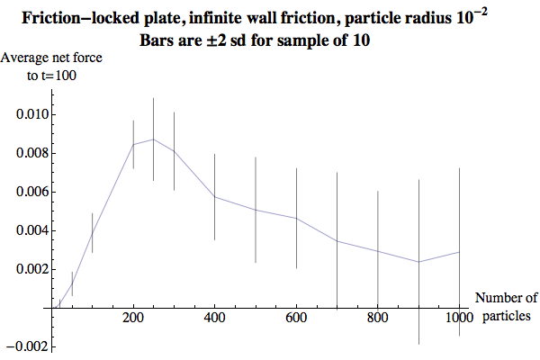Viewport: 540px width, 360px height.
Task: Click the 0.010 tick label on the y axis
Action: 28,115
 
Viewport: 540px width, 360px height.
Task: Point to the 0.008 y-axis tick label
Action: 28,154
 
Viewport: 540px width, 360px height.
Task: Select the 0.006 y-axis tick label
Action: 28,193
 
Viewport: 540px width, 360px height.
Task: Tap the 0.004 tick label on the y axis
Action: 28,231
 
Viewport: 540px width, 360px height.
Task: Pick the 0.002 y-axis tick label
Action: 28,270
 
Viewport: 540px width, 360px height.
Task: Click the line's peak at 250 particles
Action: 154,139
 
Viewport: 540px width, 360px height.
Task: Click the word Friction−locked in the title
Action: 85,18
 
